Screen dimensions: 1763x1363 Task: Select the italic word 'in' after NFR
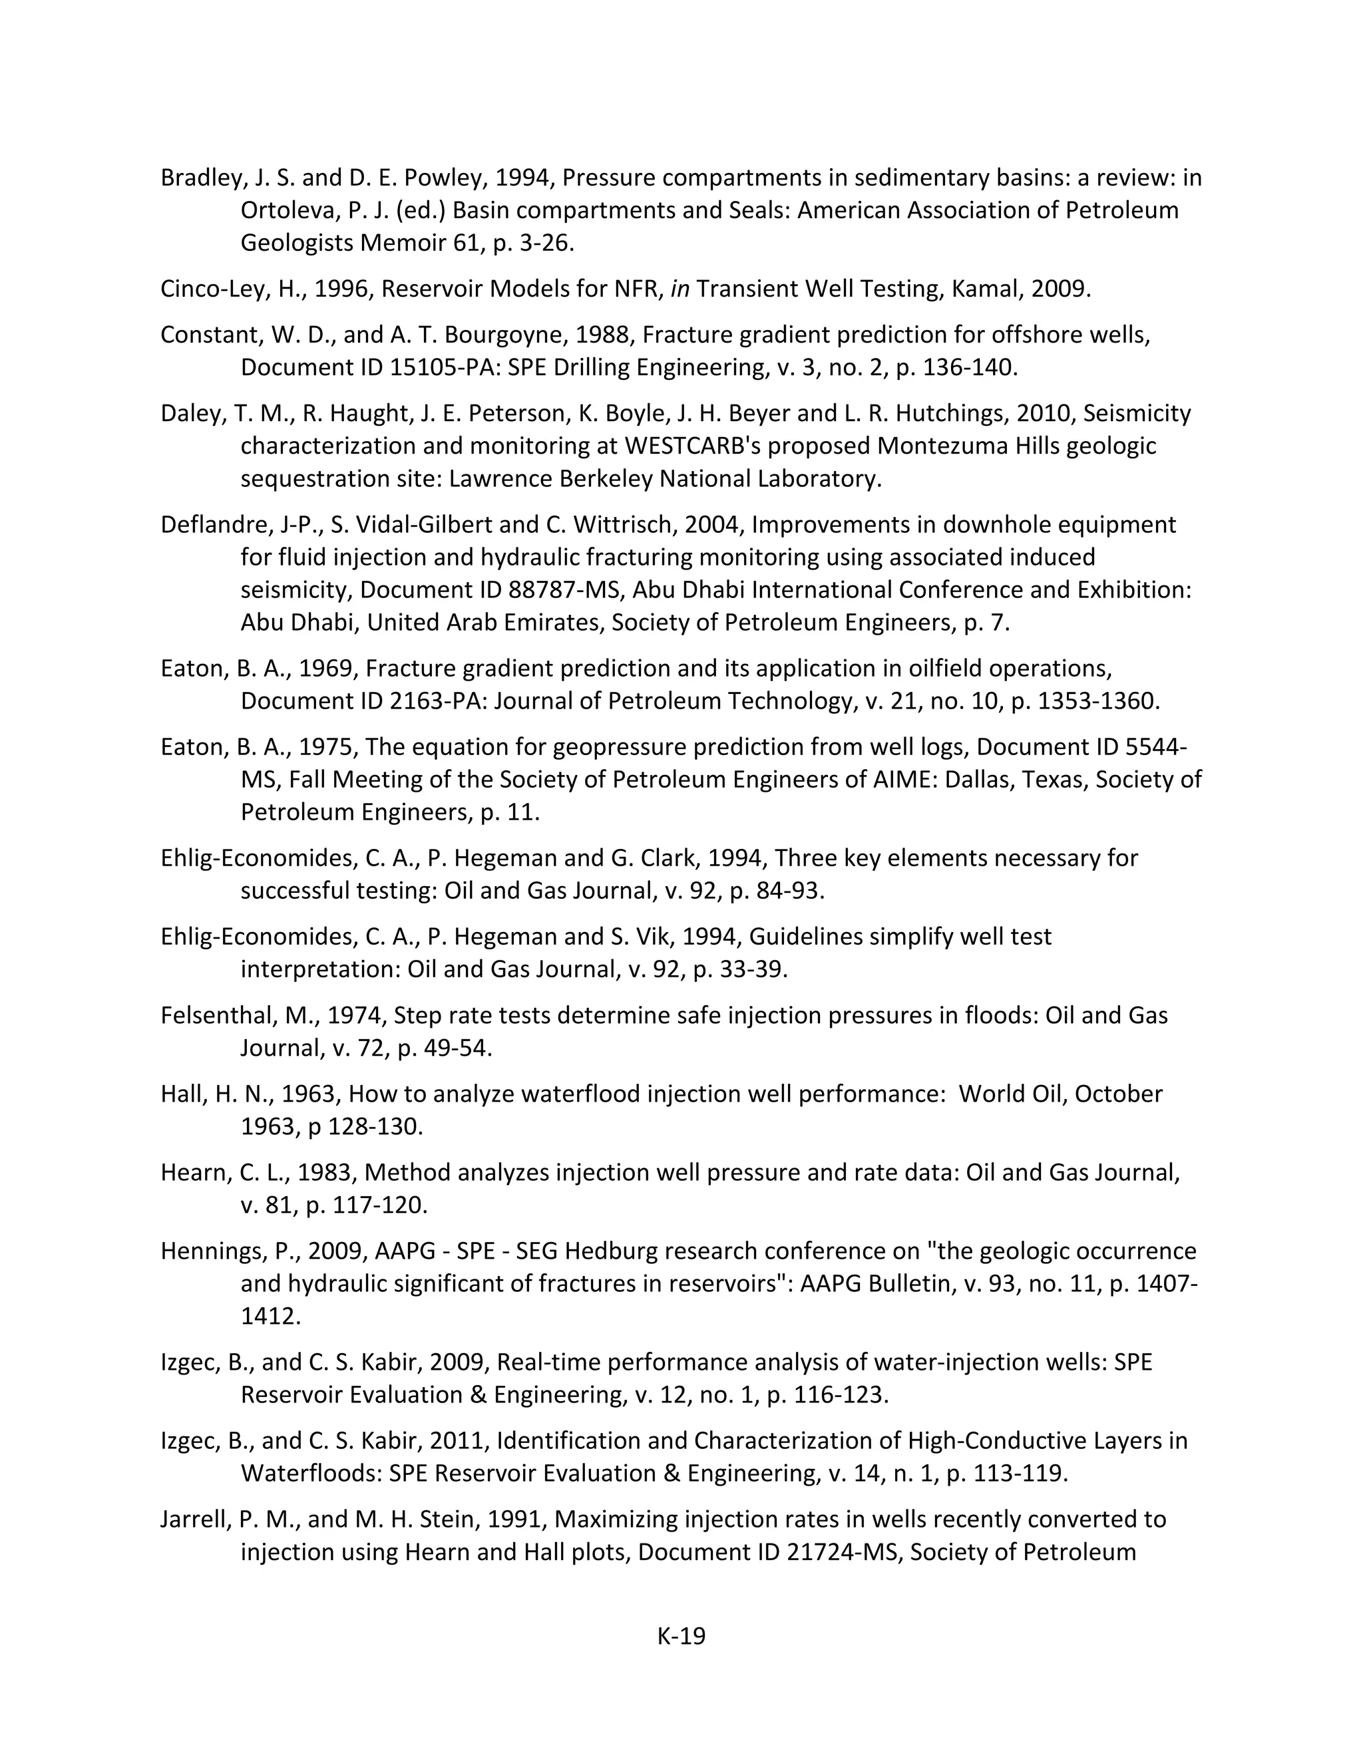pos(680,289)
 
